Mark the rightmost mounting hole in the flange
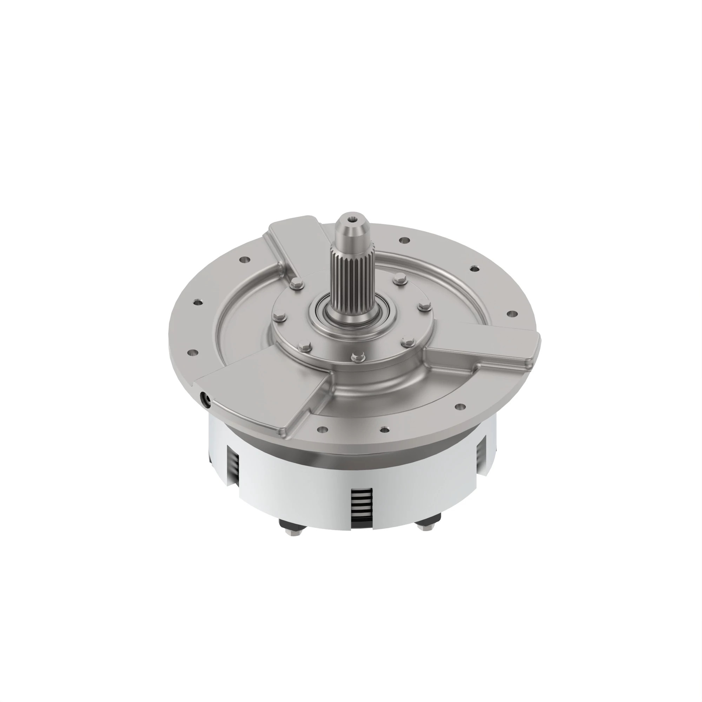click(513, 313)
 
